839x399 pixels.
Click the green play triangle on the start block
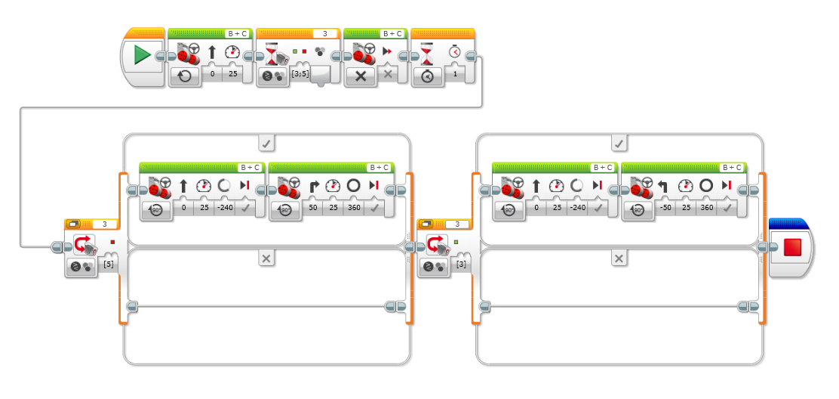tap(142, 55)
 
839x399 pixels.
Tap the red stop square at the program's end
tap(792, 247)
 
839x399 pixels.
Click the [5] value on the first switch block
tap(108, 265)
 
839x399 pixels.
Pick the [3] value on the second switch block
tap(460, 265)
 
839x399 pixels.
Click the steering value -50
tap(664, 208)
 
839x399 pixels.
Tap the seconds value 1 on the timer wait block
tap(455, 76)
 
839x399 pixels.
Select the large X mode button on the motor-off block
tap(361, 76)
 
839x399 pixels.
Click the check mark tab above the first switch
tap(266, 142)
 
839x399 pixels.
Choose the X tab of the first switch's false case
tap(266, 258)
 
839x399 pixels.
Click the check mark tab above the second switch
tap(619, 142)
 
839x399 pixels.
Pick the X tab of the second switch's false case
tap(619, 258)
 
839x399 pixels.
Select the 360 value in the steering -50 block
tap(706, 208)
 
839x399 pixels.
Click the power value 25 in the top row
tap(233, 76)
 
